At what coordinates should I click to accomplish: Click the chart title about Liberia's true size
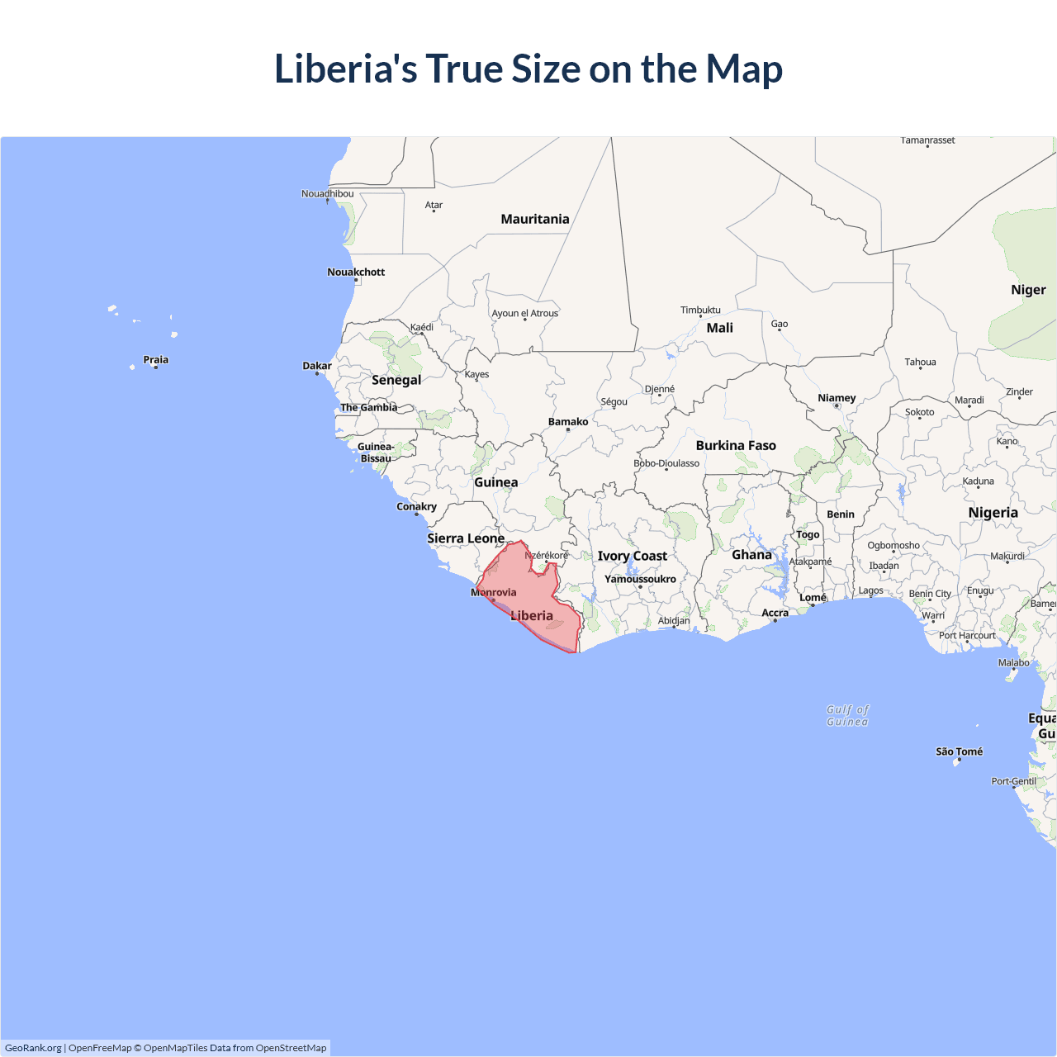pyautogui.click(x=528, y=69)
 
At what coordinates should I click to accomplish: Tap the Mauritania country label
pyautogui.click(x=535, y=219)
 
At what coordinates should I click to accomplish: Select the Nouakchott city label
pyautogui.click(x=356, y=272)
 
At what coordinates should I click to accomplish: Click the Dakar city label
pyautogui.click(x=317, y=366)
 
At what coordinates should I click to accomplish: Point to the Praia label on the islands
pyautogui.click(x=155, y=359)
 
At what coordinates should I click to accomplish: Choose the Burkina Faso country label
pyautogui.click(x=736, y=445)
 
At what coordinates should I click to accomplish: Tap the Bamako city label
pyautogui.click(x=568, y=422)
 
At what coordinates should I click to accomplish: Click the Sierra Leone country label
pyautogui.click(x=466, y=538)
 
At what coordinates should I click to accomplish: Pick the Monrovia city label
pyautogui.click(x=494, y=592)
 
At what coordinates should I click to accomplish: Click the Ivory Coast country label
pyautogui.click(x=633, y=556)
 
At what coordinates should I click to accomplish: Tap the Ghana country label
pyautogui.click(x=751, y=555)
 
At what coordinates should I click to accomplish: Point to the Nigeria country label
pyautogui.click(x=993, y=513)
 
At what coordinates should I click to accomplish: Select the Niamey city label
pyautogui.click(x=837, y=398)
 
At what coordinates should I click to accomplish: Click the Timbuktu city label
pyautogui.click(x=700, y=310)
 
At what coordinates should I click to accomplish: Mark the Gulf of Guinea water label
pyautogui.click(x=848, y=715)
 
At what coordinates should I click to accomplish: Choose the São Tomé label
pyautogui.click(x=960, y=751)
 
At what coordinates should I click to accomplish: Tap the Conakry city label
pyautogui.click(x=416, y=506)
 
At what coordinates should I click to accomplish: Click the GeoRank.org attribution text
pyautogui.click(x=33, y=1048)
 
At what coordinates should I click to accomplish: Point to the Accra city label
pyautogui.click(x=775, y=613)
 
